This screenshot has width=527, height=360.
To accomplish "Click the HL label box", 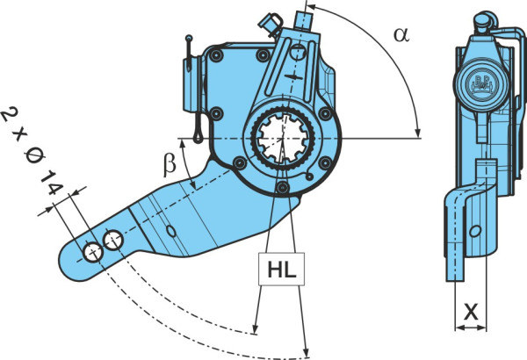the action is point(281,269).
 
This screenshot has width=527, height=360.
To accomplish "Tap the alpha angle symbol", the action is point(401,34).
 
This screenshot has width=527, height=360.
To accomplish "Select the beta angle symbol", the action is point(170,165).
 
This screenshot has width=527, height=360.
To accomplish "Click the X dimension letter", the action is point(471,312).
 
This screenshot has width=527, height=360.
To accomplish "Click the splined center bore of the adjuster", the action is point(283,139).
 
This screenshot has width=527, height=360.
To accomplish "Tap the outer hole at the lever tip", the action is point(93,252).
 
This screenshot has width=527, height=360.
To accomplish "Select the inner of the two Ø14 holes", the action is point(113,240).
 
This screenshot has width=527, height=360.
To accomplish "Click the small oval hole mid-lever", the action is point(171,231).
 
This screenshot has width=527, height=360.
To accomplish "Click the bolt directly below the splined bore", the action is point(283,187).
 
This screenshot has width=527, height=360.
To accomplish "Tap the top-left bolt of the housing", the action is point(215,55).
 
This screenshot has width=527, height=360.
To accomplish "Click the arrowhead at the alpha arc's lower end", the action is point(418,133).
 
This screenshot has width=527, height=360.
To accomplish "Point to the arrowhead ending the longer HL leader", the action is point(306,352).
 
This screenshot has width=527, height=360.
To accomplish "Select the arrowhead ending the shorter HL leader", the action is point(255,328).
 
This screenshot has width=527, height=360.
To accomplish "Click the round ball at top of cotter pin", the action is point(189,38).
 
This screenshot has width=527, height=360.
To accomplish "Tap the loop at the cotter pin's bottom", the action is point(198,137).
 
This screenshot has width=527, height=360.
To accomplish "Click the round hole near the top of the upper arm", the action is point(298,52).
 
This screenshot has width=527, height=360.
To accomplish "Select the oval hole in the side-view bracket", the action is point(475,231).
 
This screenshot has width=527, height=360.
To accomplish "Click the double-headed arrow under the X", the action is point(471,328).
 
